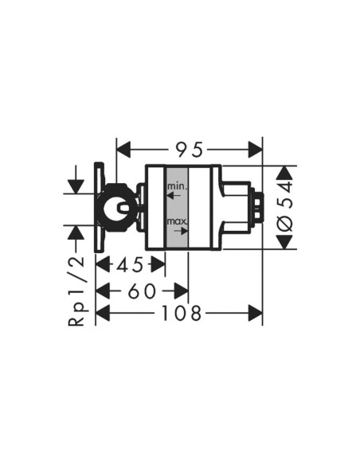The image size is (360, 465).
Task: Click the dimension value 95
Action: click(x=190, y=150)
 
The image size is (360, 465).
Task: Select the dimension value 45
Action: click(x=129, y=264)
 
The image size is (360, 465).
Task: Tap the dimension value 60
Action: click(x=142, y=291)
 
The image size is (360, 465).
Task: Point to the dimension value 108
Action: click(x=181, y=313)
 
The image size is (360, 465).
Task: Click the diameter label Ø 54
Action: click(x=284, y=207)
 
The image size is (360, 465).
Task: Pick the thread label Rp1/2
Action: click(x=76, y=291)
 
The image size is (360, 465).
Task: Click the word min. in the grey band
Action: click(x=178, y=186)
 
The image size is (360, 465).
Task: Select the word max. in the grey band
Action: click(x=177, y=221)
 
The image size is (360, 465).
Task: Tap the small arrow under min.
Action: click(x=174, y=195)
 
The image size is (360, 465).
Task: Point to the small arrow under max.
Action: click(x=181, y=230)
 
